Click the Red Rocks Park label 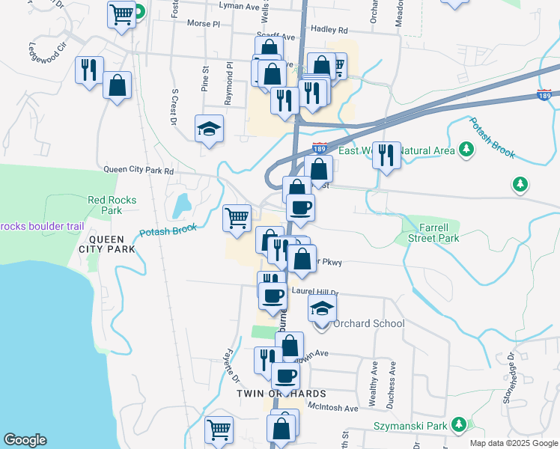[x=104, y=205]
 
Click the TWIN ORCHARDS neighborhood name [x=281, y=394]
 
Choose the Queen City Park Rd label [x=139, y=171]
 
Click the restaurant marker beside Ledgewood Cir [x=89, y=70]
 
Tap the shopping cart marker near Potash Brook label [x=237, y=218]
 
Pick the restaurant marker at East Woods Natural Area [x=386, y=155]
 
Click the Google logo [x=25, y=440]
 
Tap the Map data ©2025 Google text [x=514, y=443]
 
